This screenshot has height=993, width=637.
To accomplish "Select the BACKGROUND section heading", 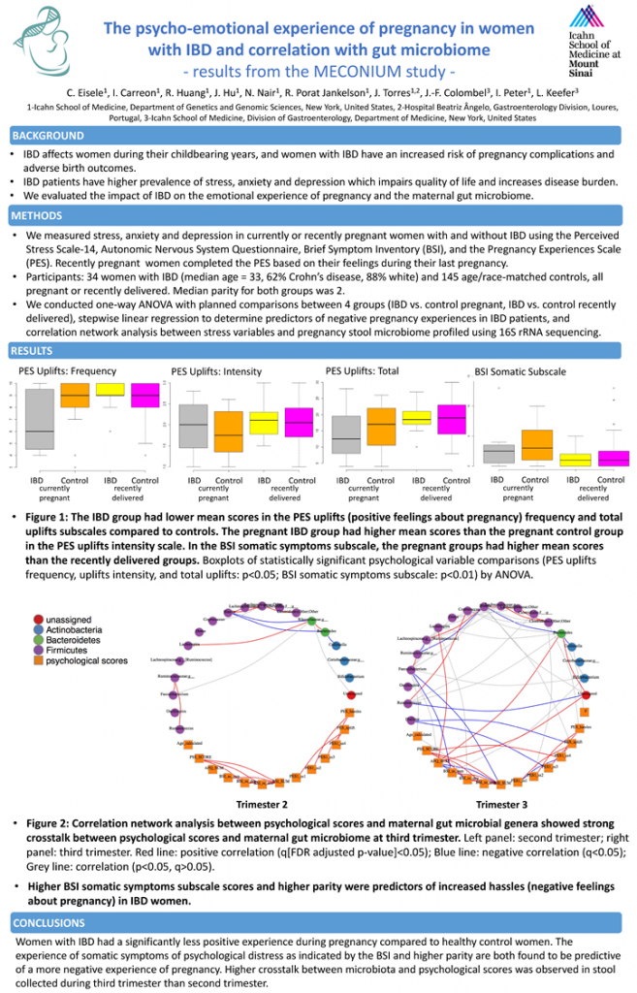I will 48,136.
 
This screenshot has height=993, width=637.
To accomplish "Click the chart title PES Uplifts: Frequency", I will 67,371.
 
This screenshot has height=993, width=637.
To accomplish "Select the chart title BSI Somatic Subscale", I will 520,371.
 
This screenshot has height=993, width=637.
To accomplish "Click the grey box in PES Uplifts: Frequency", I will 40,419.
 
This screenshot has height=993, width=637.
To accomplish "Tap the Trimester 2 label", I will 262,804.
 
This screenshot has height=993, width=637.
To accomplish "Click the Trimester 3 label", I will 501,804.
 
